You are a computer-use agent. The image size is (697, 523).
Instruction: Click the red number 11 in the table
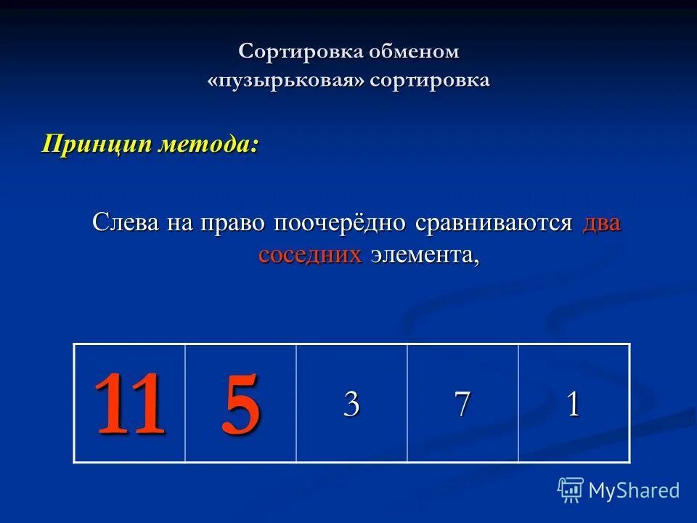pos(129,404)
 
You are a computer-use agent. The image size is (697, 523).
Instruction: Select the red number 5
pos(240,404)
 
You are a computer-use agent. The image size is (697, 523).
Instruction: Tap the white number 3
pos(351,404)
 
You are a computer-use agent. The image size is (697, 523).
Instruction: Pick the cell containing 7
pos(462,404)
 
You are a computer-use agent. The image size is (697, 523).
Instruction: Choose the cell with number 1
pos(574,404)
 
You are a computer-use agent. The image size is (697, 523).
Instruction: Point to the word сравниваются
pos(494,222)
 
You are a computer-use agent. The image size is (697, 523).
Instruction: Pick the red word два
pos(601,222)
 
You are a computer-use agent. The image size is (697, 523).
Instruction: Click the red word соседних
pos(310,255)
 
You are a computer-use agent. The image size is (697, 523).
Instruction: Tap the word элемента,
pos(425,255)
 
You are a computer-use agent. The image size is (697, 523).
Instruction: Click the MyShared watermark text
pos(634,490)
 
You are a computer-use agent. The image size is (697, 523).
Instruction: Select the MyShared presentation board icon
pos(571,490)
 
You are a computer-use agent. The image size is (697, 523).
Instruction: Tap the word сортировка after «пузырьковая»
pos(429,80)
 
